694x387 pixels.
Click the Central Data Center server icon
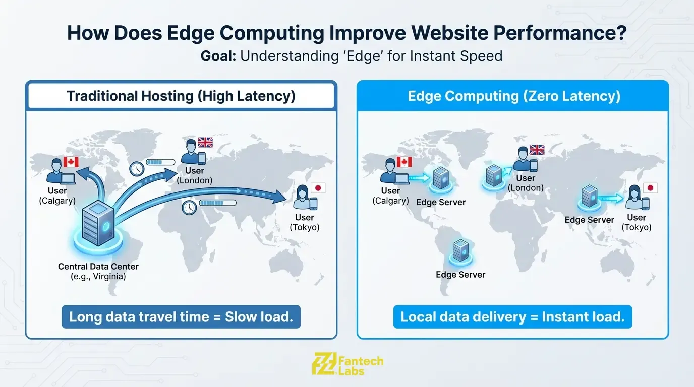99,224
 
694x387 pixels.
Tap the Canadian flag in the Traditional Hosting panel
71,162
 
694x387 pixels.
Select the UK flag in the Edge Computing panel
537,150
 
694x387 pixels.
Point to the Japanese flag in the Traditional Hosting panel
318,188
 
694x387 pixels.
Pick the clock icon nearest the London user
137,168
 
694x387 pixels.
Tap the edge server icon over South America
460,250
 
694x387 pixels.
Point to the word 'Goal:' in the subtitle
218,55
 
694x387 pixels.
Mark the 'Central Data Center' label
98,266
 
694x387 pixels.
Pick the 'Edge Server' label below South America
460,275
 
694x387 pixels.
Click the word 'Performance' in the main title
553,33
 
